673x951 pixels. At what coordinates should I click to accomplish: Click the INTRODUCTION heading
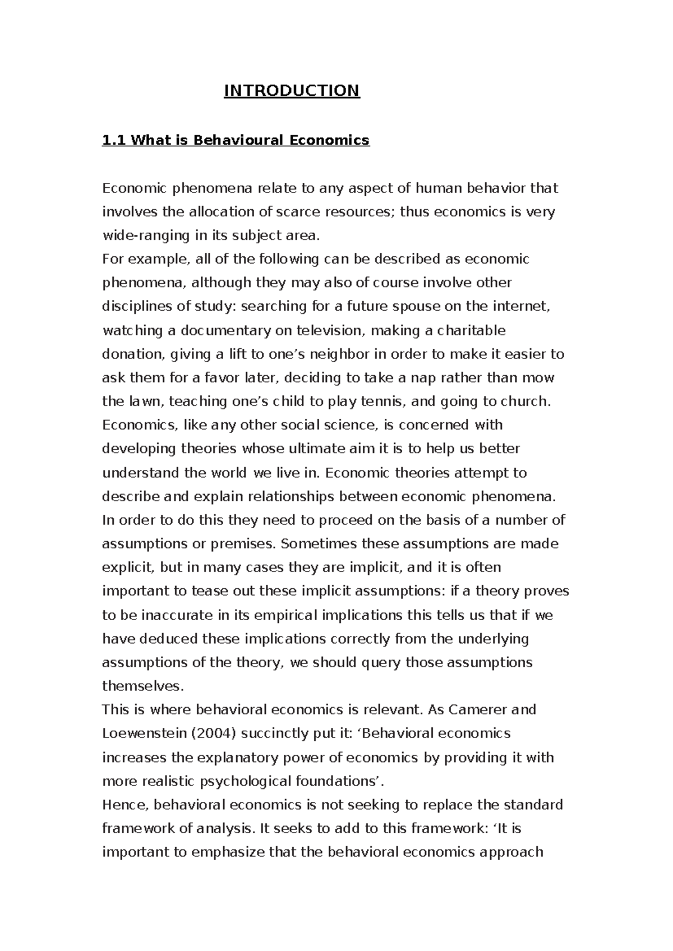[x=292, y=91]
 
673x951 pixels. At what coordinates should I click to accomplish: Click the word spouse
[x=417, y=307]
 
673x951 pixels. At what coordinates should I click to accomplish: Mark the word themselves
[x=142, y=686]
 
